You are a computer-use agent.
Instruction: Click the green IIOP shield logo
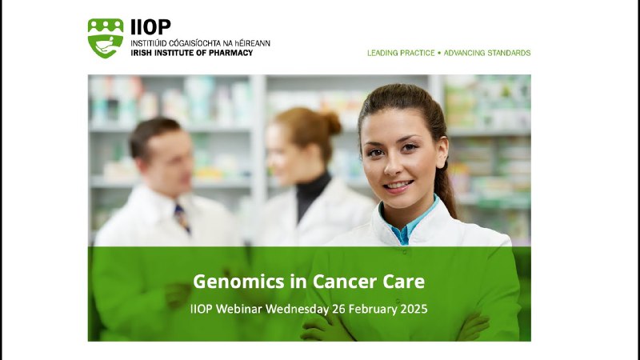click(x=106, y=38)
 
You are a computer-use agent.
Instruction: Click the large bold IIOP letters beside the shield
click(x=150, y=27)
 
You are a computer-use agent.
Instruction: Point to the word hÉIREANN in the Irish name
click(x=252, y=43)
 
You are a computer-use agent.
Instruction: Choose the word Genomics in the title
click(x=238, y=282)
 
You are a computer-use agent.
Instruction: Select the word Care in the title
click(x=404, y=282)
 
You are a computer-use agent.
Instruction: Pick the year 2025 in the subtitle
click(x=414, y=309)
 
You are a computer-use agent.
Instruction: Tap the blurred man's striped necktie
click(x=182, y=218)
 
